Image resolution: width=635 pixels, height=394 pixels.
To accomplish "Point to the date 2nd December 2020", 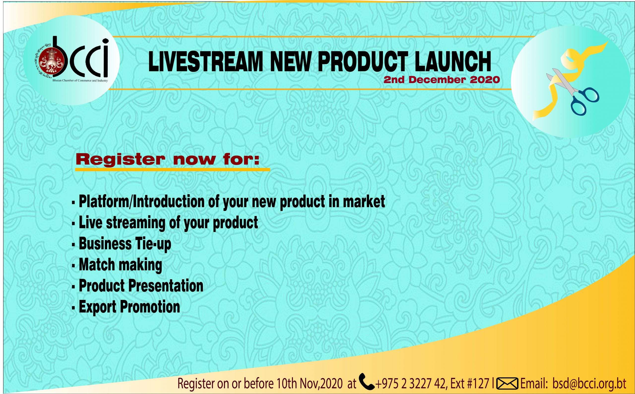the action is point(442,80).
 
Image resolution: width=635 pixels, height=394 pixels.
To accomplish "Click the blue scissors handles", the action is point(584,100).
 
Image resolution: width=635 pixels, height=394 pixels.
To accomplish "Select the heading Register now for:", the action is point(167,160).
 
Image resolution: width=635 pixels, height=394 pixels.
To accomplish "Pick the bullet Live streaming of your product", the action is point(168,223).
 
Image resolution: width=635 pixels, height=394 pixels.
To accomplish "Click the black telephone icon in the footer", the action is point(367,381).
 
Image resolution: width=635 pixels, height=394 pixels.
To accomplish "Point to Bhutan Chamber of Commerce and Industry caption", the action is point(80,81).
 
